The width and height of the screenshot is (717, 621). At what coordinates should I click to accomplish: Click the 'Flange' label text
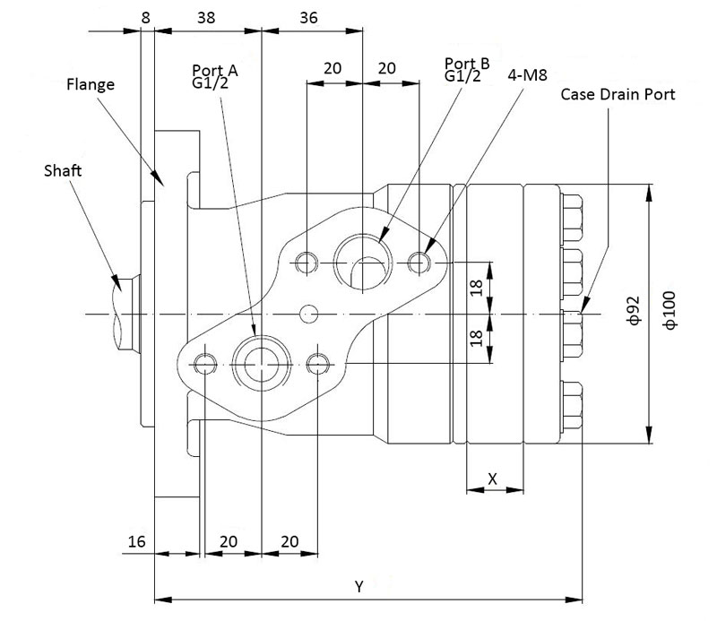click(91, 86)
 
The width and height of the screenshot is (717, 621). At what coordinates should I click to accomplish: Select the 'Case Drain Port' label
click(618, 93)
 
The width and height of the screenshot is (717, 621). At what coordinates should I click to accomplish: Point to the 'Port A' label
click(215, 68)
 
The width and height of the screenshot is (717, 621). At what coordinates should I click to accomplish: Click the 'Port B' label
click(467, 63)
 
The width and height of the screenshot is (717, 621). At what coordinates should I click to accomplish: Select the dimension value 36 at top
click(308, 17)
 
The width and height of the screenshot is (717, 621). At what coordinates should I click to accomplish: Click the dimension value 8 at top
click(145, 17)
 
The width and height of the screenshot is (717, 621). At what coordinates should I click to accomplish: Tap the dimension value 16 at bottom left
click(136, 541)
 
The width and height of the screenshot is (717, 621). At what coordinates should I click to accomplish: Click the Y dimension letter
click(358, 587)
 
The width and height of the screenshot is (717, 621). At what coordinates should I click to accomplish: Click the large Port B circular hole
click(361, 263)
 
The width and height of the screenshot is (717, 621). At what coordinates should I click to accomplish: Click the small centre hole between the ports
click(310, 313)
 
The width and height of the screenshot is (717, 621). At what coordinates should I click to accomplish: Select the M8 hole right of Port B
click(419, 263)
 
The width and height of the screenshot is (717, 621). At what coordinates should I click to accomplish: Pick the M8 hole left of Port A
click(205, 363)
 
